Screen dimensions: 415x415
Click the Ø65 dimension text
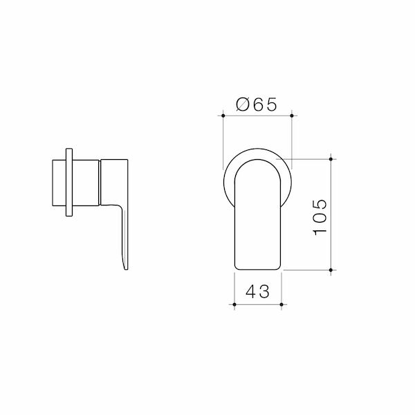click(257, 104)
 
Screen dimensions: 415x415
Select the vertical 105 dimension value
click(319, 214)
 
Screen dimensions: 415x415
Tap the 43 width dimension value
click(258, 291)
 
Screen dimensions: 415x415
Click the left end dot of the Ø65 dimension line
click(222, 116)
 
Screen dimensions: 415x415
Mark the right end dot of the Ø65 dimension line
click(291, 116)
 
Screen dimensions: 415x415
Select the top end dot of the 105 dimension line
click(332, 159)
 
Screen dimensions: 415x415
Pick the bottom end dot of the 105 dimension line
click(332, 268)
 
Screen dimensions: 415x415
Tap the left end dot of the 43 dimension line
click(235, 304)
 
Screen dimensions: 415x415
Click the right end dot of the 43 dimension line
click(281, 304)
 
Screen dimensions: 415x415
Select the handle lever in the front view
click(258, 214)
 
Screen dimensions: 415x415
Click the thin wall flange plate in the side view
click(68, 183)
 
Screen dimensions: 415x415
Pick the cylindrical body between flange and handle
click(86, 183)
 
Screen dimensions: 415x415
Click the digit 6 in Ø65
click(257, 104)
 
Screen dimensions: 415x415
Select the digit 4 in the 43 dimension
click(251, 291)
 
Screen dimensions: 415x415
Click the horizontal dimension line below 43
click(258, 304)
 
